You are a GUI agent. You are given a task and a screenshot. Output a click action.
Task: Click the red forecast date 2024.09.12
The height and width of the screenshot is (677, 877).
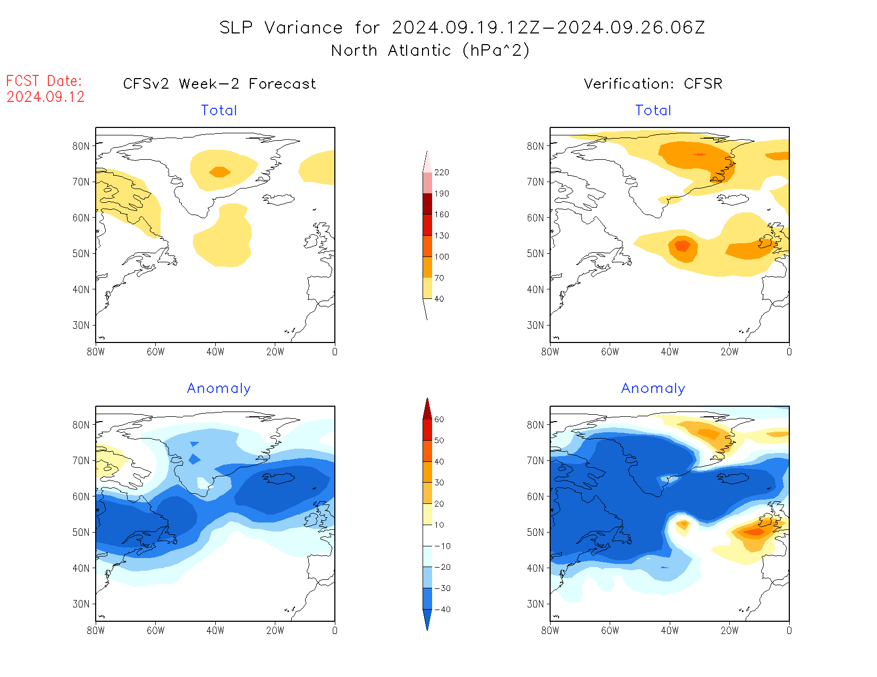(x=46, y=97)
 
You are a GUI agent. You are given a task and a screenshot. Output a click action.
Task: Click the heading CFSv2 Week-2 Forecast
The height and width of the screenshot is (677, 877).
(x=219, y=84)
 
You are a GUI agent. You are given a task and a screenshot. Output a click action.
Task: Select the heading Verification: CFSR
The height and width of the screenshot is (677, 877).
(x=653, y=84)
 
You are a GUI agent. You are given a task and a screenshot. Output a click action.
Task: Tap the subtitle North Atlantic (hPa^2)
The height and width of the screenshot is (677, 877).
(x=430, y=50)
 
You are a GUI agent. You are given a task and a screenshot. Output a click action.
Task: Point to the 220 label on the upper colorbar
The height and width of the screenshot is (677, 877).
(x=441, y=173)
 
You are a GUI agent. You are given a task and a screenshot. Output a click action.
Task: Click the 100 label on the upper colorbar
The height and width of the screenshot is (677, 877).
(x=441, y=256)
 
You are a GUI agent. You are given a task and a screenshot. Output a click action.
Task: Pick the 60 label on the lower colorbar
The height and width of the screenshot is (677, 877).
(x=439, y=419)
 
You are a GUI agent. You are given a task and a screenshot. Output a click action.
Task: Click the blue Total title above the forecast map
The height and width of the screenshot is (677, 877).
(x=219, y=110)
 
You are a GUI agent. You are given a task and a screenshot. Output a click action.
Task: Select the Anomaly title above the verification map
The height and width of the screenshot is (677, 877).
(x=653, y=389)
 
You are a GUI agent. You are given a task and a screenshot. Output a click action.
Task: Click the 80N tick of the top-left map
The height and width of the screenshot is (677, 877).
(x=81, y=146)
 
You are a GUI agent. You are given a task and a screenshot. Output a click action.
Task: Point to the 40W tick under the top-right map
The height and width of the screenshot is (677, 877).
(x=670, y=352)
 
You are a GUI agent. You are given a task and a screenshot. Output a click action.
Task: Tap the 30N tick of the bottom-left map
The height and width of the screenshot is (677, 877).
(x=81, y=604)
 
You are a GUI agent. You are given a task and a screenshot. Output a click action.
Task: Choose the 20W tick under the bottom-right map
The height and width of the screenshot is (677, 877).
(x=729, y=630)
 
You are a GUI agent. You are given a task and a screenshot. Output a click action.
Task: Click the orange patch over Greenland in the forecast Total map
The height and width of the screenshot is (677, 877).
(x=220, y=172)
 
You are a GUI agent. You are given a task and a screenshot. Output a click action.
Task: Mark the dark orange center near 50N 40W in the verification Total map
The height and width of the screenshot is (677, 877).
(x=682, y=246)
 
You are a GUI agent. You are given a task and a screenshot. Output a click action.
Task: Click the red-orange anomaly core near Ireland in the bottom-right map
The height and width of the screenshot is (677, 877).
(x=754, y=532)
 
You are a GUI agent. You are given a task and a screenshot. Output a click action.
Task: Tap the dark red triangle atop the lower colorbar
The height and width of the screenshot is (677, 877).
(x=427, y=409)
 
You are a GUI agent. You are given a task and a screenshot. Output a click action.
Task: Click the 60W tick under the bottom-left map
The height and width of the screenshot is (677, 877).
(x=155, y=630)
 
